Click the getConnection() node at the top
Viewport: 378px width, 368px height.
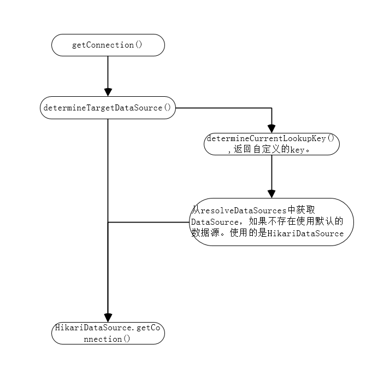(108, 45)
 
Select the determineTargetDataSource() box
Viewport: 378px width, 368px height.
(108, 108)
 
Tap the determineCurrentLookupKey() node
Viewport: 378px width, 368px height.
(271, 143)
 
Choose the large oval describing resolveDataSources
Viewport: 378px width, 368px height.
(271, 221)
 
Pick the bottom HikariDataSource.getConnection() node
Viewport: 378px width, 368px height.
(108, 334)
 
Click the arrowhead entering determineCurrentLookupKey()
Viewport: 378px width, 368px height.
(271, 127)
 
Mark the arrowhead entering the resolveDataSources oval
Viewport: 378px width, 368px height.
(271, 193)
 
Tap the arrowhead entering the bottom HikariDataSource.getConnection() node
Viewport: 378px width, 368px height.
(108, 318)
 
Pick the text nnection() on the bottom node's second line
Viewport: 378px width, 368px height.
(108, 339)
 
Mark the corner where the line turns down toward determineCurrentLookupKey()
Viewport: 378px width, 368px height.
(271, 108)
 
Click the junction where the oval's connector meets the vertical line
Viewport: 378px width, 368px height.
(108, 222)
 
